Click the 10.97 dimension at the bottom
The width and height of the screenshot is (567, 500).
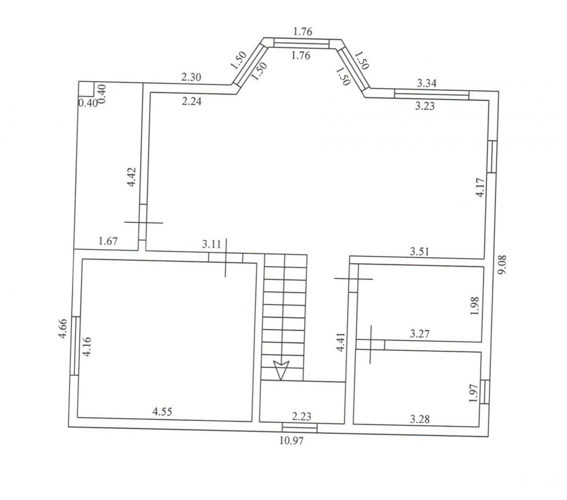pos(291,441)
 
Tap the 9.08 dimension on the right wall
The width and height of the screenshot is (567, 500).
pos(503,264)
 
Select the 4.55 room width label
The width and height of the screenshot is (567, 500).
pos(162,411)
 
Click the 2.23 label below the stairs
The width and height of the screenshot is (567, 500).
pos(301,416)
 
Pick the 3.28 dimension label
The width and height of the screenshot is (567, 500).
pos(420,419)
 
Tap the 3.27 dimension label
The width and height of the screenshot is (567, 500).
pos(420,334)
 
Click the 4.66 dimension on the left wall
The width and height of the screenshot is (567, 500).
pos(63,329)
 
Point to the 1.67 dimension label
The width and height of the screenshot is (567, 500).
pos(108,241)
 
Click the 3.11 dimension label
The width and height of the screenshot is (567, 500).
pos(212,244)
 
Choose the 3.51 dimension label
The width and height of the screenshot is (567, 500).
pos(419,251)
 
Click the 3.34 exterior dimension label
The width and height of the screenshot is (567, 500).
pos(427,83)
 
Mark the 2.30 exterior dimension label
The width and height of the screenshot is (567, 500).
pos(191,77)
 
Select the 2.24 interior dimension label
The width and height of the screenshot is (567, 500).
pos(191,101)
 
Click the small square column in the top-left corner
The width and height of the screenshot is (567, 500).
pos(86,89)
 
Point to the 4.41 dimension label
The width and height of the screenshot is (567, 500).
pos(340,342)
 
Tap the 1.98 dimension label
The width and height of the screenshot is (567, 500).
pos(475,306)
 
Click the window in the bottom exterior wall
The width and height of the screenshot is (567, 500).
pos(300,428)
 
